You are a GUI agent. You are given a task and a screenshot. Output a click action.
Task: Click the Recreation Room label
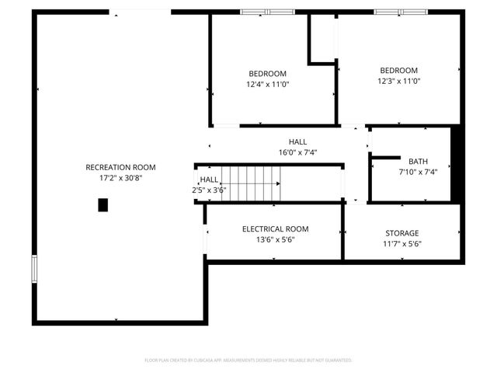coord(120,167)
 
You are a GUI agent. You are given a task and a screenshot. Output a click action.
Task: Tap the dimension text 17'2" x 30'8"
coord(120,177)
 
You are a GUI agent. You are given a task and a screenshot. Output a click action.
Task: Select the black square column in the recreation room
coord(103,205)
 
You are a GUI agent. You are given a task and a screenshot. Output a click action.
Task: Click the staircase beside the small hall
coord(250,184)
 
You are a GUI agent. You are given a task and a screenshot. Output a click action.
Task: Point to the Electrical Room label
coord(275,229)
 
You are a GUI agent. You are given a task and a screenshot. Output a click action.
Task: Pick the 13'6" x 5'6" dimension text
coord(275,240)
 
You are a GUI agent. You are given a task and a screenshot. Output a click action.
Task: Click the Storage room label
coord(402,233)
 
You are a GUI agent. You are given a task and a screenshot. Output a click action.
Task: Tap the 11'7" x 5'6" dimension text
coord(402,244)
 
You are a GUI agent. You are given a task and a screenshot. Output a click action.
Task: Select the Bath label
coord(418,162)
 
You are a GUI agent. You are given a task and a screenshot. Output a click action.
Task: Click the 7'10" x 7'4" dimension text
coord(418,172)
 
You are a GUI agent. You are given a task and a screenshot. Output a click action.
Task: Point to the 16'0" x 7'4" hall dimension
coord(297,152)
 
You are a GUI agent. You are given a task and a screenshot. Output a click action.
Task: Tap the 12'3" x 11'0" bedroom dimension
coord(398,81)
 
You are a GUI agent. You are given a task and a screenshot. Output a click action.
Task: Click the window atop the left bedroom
coord(266,12)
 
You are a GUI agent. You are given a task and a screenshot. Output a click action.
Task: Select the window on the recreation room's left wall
coord(33,269)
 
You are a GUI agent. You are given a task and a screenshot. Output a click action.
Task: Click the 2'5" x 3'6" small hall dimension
coord(209,190)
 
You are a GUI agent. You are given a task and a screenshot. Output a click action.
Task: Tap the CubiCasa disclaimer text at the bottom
coord(248,361)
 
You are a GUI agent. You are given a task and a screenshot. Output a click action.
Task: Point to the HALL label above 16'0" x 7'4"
coord(297,142)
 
